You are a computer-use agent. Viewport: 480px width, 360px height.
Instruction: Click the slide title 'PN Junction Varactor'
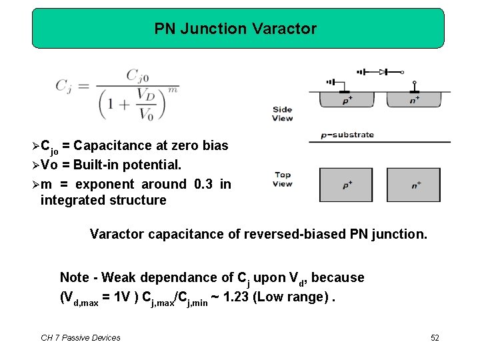click(235, 29)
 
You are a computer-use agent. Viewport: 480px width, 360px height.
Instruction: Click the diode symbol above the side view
click(383, 71)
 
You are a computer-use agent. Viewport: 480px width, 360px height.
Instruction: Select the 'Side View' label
click(282, 114)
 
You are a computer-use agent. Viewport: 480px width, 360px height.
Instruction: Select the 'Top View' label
click(282, 179)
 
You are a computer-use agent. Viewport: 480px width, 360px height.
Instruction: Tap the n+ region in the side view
click(414, 99)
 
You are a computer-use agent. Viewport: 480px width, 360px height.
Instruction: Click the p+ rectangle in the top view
click(347, 185)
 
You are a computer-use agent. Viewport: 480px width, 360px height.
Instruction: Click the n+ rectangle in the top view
click(414, 185)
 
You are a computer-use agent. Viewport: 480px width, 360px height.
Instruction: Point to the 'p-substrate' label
click(347, 135)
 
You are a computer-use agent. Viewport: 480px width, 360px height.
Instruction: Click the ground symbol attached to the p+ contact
click(331, 83)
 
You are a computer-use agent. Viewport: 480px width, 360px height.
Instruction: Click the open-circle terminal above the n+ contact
click(414, 83)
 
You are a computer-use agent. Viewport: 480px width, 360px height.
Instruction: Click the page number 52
click(435, 338)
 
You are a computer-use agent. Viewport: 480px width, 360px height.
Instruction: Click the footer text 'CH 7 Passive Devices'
click(81, 338)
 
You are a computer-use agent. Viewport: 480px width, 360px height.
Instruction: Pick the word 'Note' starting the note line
click(75, 277)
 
